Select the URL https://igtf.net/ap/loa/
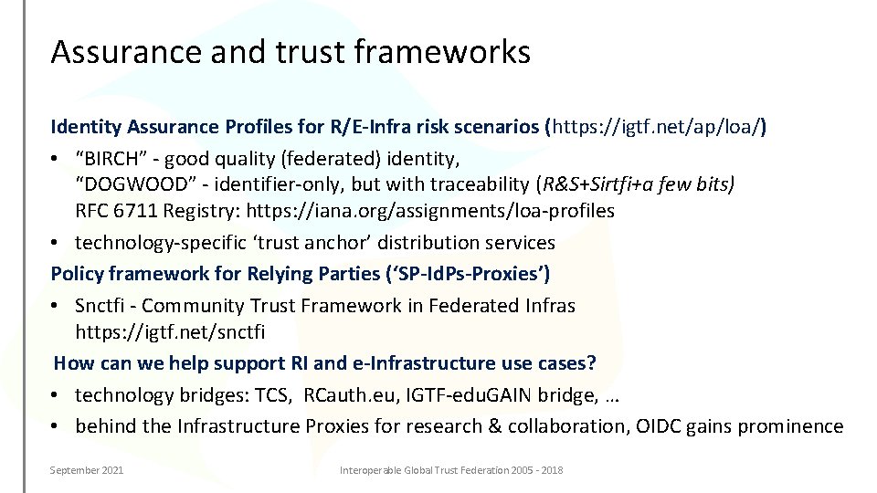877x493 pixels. [x=656, y=126]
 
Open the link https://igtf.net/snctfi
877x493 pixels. [x=170, y=330]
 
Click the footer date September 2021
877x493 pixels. [x=88, y=470]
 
